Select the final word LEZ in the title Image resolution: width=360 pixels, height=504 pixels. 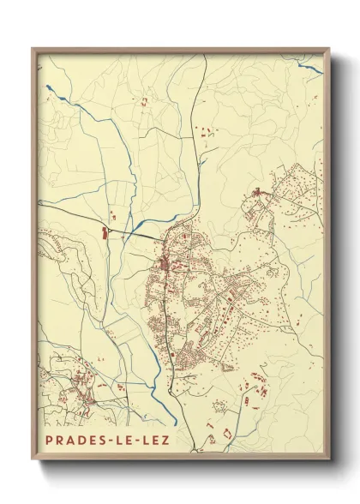155,441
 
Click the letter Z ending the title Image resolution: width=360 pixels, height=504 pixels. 165,441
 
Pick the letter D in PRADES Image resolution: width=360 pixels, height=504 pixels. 81,441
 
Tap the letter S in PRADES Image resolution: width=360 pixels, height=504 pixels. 103,441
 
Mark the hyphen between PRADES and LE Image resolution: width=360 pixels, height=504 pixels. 111,441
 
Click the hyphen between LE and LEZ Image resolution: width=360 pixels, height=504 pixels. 137,441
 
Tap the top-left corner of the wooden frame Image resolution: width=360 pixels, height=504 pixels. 33,49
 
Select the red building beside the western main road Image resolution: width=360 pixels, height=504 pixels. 107,231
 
